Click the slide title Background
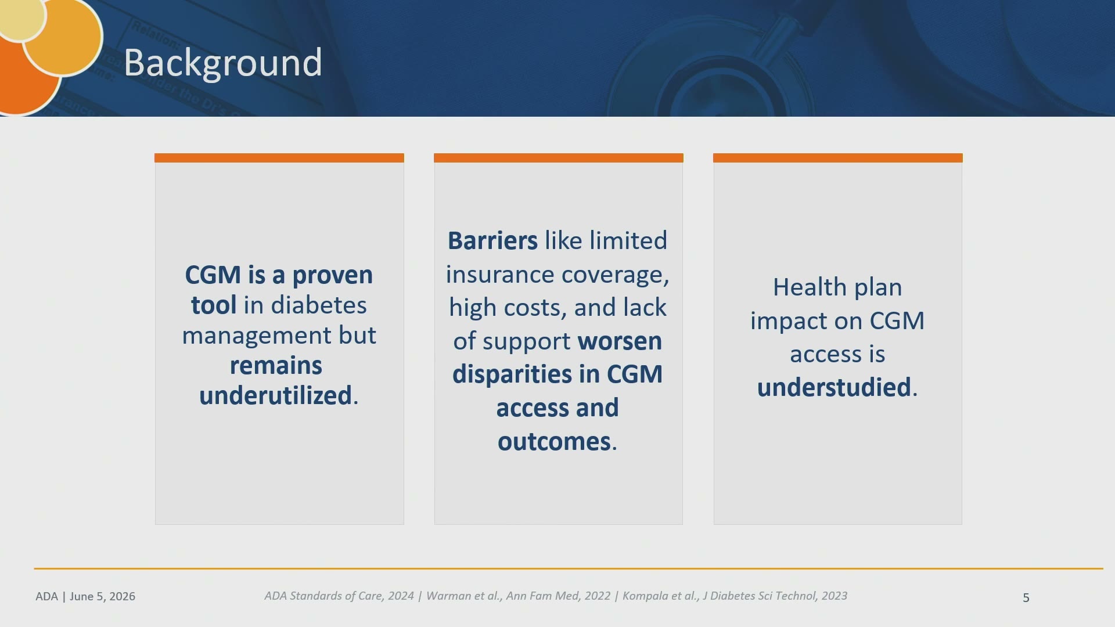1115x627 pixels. click(x=223, y=63)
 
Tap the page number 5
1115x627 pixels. click(x=1026, y=597)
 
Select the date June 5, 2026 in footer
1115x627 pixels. click(x=103, y=596)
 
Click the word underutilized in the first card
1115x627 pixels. click(x=275, y=395)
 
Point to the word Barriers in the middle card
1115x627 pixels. click(x=492, y=240)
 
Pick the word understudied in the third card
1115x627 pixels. click(x=834, y=387)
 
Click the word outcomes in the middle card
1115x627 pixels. click(x=554, y=442)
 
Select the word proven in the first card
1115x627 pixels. click(x=332, y=276)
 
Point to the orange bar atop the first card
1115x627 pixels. click(x=279, y=158)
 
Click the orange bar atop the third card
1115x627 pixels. click(x=838, y=158)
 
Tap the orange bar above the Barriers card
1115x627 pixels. click(x=559, y=158)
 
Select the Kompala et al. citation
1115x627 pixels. click(x=735, y=596)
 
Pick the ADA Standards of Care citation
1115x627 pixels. click(x=339, y=596)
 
